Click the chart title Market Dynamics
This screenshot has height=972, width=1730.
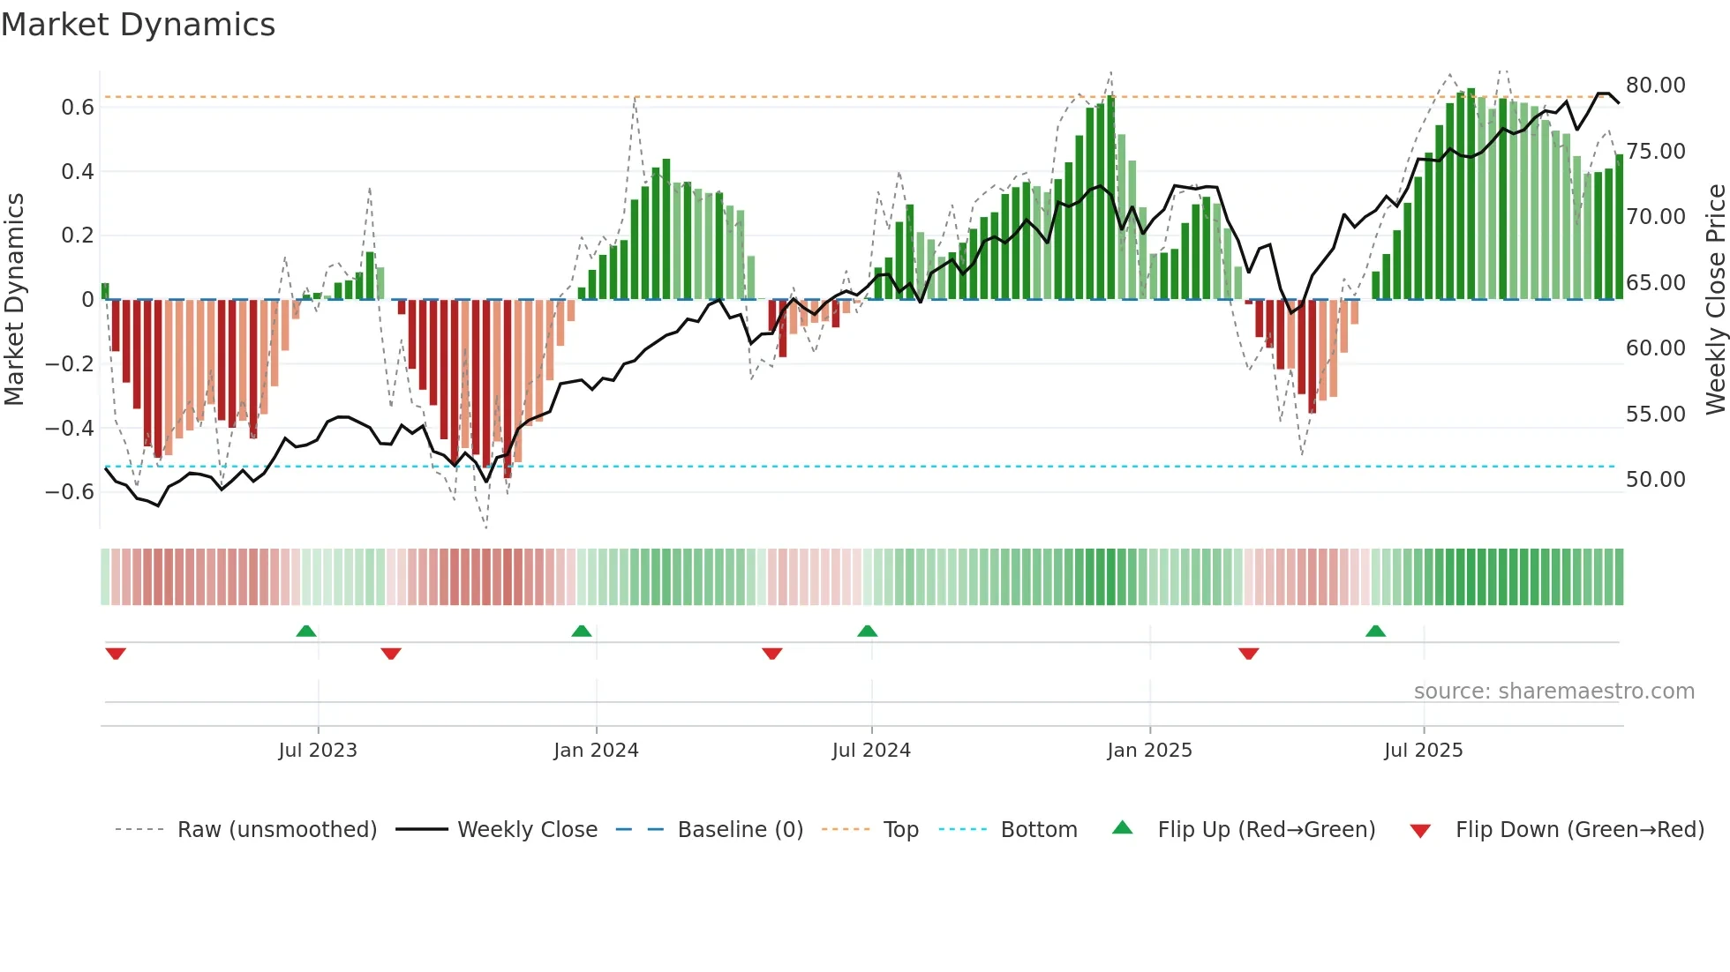(x=138, y=25)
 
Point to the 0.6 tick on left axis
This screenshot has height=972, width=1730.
(x=77, y=108)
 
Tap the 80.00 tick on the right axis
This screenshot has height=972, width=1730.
(x=1655, y=86)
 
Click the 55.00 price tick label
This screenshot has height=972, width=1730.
(x=1655, y=415)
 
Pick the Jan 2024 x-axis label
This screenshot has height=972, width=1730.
(x=596, y=751)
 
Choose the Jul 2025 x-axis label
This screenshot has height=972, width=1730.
(x=1423, y=751)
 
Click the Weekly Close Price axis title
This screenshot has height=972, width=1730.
(x=1715, y=300)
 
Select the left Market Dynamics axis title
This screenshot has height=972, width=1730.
(x=14, y=300)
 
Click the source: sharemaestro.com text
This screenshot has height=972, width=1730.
(x=1553, y=692)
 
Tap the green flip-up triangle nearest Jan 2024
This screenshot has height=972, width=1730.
(x=581, y=632)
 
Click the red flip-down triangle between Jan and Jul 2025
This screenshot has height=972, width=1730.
(x=1248, y=654)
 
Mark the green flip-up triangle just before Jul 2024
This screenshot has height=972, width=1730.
(x=867, y=632)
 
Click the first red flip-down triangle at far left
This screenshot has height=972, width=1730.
(x=116, y=654)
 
